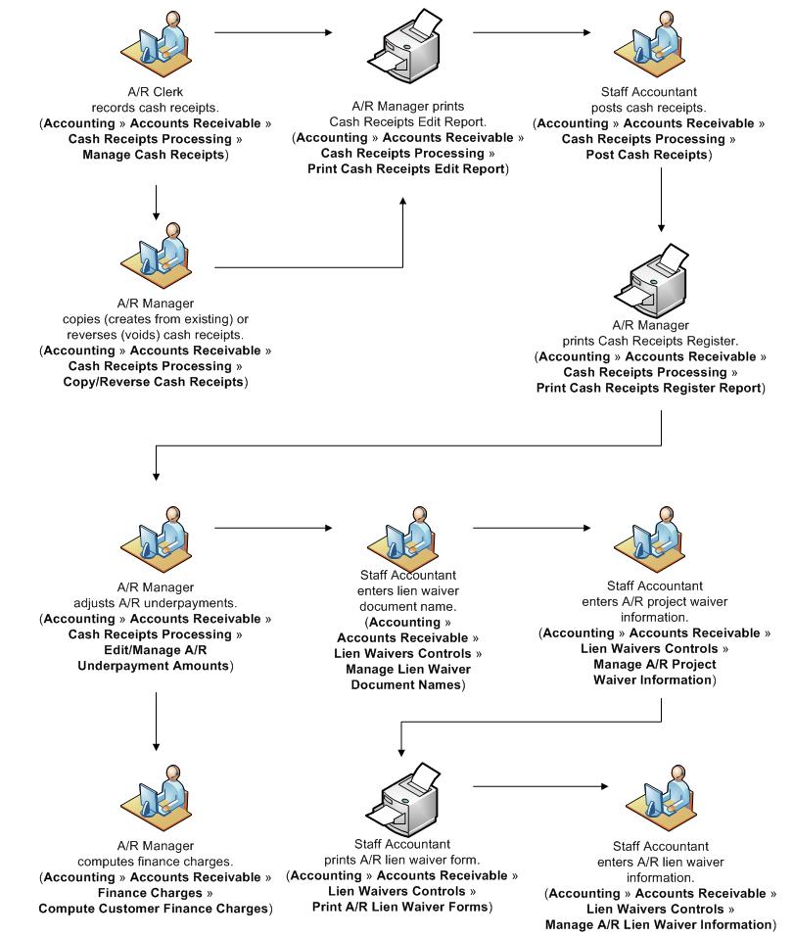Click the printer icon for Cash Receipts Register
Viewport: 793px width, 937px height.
(x=662, y=278)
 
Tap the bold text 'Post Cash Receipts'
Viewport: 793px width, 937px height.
(x=648, y=155)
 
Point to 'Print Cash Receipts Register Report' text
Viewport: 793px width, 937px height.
(x=650, y=388)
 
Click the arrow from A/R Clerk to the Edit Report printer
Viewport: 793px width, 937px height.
(x=272, y=33)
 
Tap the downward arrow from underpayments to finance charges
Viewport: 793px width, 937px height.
(x=156, y=725)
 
